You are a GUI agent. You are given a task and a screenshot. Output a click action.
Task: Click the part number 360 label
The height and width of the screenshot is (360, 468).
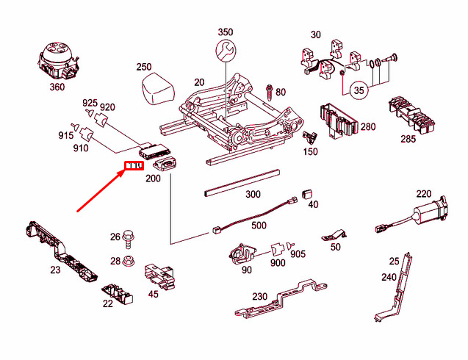[x=57, y=87]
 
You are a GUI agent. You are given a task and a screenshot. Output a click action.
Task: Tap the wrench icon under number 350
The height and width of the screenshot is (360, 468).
[x=226, y=50]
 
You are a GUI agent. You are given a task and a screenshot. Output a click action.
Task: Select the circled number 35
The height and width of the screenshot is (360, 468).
[x=358, y=90]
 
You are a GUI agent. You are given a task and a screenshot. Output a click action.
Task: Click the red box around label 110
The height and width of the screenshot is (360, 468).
[x=133, y=166]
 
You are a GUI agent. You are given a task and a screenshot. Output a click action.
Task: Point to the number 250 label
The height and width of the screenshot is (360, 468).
[x=144, y=67]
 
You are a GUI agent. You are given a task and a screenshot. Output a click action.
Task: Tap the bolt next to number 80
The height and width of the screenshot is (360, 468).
[x=270, y=91]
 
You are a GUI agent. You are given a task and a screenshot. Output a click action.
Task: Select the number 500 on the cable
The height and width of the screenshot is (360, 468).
[x=259, y=225]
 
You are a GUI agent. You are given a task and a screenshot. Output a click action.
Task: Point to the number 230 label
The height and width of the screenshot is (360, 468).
[x=260, y=296]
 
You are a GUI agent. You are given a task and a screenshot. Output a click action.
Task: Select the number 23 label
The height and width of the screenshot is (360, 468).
[x=55, y=270]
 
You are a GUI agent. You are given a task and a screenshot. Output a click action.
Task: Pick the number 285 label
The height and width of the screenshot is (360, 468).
[x=408, y=139]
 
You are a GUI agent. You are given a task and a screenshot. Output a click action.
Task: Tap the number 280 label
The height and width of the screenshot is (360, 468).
[x=367, y=126]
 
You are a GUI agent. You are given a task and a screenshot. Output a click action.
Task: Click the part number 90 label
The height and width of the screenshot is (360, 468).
[x=247, y=270]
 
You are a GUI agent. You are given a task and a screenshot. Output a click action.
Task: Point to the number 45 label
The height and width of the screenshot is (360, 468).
[x=154, y=294]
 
